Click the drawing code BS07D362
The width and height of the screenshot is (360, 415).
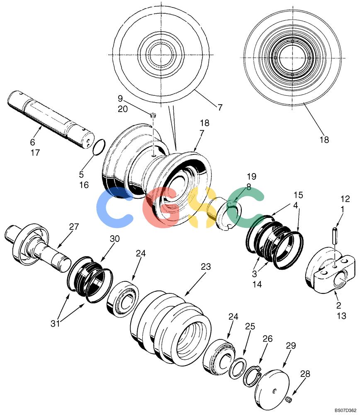coord(345,410)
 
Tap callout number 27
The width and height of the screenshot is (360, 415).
coord(74,227)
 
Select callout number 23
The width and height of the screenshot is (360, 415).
coord(206,266)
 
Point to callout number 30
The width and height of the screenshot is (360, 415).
coord(115,239)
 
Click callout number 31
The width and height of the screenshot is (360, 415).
coord(55,323)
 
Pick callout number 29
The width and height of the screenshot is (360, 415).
coord(291,346)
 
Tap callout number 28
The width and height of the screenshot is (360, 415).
coord(305,374)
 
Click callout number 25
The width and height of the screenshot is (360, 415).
coord(250,326)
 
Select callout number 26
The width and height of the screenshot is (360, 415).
coord(268,339)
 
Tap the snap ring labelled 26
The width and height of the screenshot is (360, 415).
coord(253,376)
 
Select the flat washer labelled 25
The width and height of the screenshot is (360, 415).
coord(238,369)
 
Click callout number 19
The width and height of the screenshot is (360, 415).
coord(252,176)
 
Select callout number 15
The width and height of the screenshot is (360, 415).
coord(298,195)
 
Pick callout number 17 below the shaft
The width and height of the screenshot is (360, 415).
coord(35,153)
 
